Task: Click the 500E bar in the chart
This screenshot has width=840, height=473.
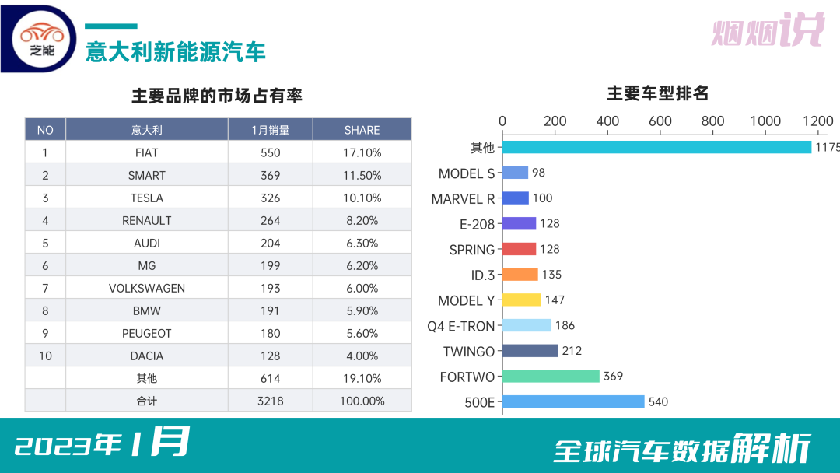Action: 573,401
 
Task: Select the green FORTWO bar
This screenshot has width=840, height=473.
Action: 551,377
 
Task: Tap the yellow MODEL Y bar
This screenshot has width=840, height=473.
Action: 521,300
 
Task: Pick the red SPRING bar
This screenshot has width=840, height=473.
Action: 519,249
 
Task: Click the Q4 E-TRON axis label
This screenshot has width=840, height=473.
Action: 460,326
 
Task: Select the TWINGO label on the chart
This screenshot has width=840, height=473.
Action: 468,352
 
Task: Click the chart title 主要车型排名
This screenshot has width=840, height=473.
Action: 657,94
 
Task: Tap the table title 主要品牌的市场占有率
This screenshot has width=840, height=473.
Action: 217,96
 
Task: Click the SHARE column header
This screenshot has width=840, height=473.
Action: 362,130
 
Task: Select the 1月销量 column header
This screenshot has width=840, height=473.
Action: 270,130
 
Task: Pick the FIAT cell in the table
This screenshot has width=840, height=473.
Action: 146,152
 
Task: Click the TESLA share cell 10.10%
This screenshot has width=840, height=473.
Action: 362,198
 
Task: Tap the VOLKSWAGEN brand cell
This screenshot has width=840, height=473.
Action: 146,288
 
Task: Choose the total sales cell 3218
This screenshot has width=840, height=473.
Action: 270,401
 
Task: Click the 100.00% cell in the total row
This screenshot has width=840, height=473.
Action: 362,401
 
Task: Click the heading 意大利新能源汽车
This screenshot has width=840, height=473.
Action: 176,51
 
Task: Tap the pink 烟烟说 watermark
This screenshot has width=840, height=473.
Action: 767,31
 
